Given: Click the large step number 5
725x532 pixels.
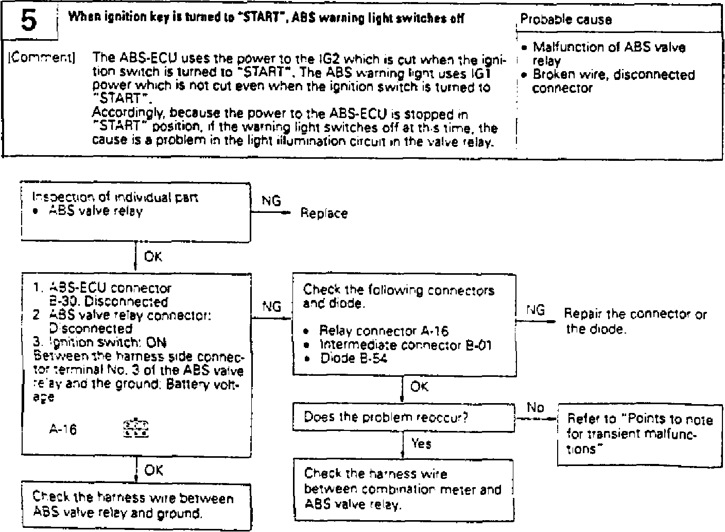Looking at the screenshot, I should [x=29, y=21].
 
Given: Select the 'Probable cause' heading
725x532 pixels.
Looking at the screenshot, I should [x=566, y=20].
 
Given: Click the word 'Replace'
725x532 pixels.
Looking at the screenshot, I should [x=324, y=213].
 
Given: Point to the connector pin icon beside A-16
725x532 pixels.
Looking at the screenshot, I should [x=136, y=429].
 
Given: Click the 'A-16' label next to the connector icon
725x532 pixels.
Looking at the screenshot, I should [x=63, y=429].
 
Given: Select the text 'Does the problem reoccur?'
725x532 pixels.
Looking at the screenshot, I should [x=386, y=417].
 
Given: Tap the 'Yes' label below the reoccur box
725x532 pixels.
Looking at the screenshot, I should [x=421, y=443].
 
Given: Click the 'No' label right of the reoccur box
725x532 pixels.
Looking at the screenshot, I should [x=535, y=408].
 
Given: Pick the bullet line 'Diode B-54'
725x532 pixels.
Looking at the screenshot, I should [x=353, y=358].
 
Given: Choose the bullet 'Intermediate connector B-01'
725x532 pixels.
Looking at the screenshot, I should [x=405, y=344].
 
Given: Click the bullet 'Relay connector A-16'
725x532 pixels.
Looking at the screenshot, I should [x=383, y=331].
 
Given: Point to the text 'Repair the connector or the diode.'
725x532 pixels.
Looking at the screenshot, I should [x=635, y=321].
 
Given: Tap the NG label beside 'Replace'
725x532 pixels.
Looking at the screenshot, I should [x=271, y=201].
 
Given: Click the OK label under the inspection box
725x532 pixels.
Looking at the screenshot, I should [x=153, y=256].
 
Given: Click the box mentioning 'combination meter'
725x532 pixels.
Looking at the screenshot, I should [x=404, y=489].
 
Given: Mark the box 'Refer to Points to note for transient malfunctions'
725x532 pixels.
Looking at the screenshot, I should [x=640, y=434].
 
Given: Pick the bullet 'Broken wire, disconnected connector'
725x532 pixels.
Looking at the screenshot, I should [x=613, y=81].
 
